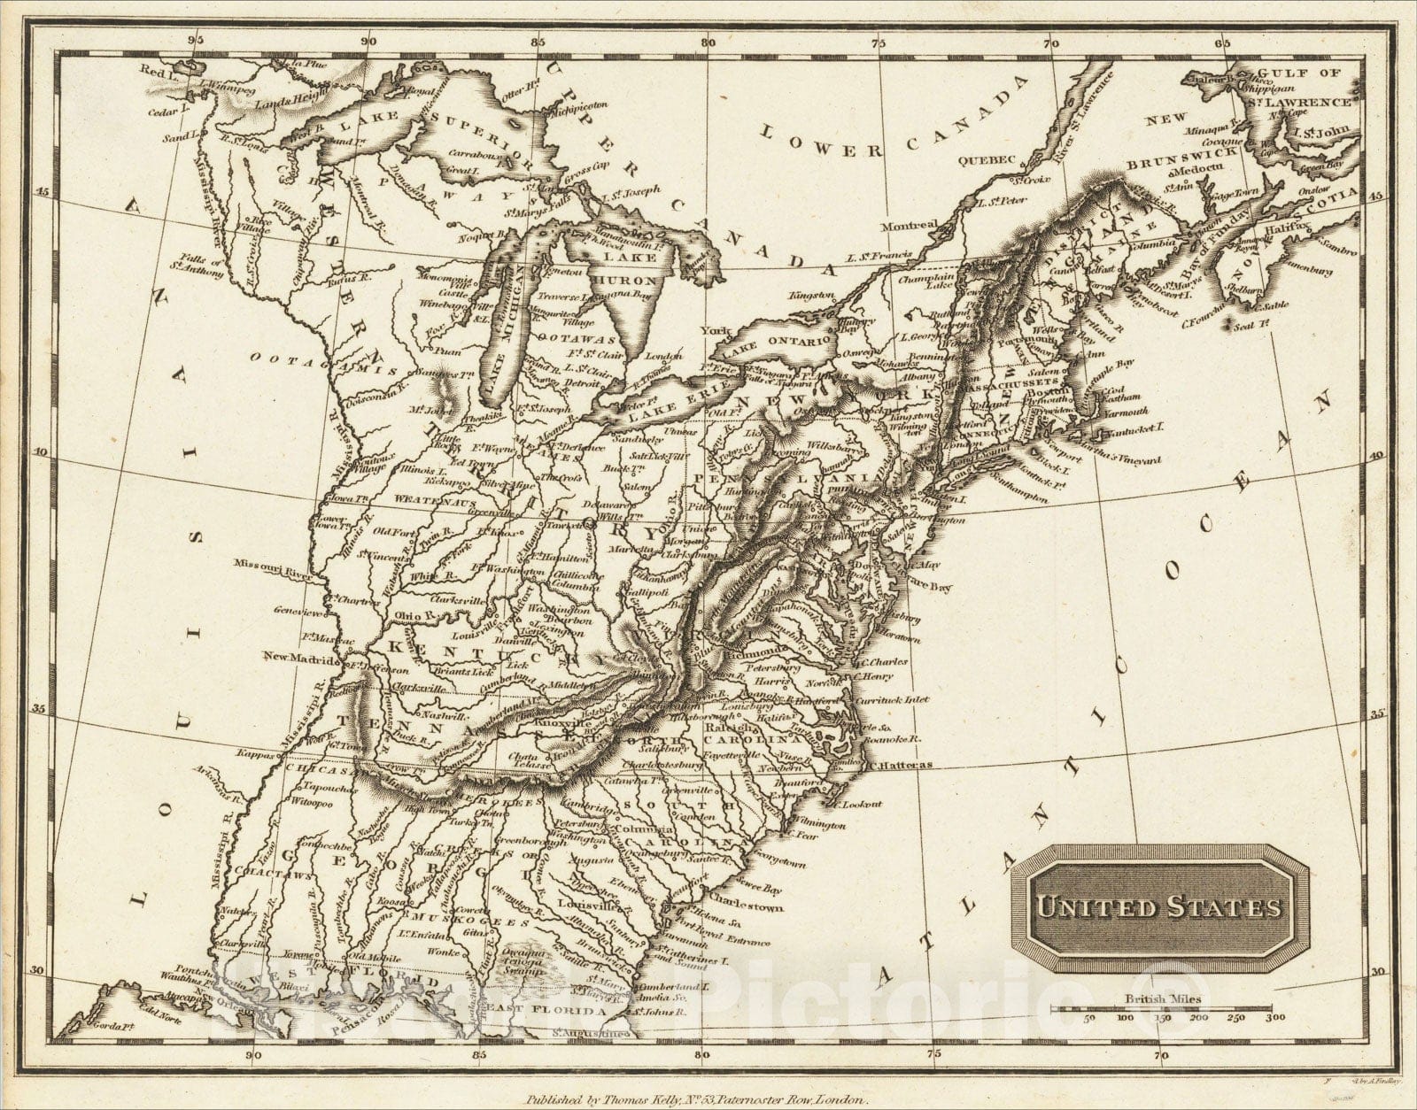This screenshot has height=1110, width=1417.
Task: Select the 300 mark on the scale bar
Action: point(1274,1018)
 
